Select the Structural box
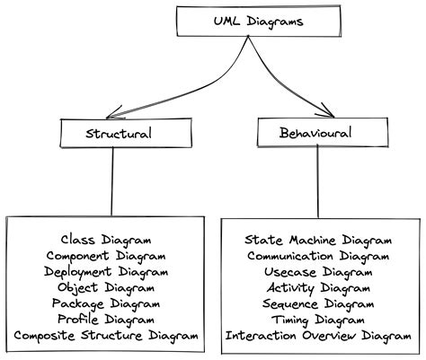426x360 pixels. tap(112, 134)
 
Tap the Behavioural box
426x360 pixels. tap(317, 133)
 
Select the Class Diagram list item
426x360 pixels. tap(106, 240)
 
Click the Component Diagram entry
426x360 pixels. tap(106, 256)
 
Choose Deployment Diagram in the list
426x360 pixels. tap(106, 272)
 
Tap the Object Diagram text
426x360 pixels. tap(106, 288)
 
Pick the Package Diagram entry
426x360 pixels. tap(106, 304)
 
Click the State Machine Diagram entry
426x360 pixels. tap(318, 240)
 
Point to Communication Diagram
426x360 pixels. tap(318, 256)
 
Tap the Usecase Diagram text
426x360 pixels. tap(318, 272)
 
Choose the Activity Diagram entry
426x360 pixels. tap(318, 288)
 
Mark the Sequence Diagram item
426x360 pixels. tap(318, 304)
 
